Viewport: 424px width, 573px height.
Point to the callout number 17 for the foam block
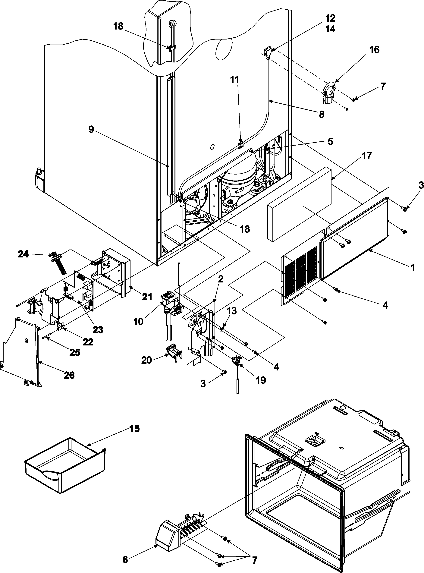[367, 156]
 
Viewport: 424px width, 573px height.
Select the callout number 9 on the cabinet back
[91, 129]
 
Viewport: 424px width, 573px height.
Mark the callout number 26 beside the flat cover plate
[69, 375]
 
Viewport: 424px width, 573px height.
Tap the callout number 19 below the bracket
[261, 380]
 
